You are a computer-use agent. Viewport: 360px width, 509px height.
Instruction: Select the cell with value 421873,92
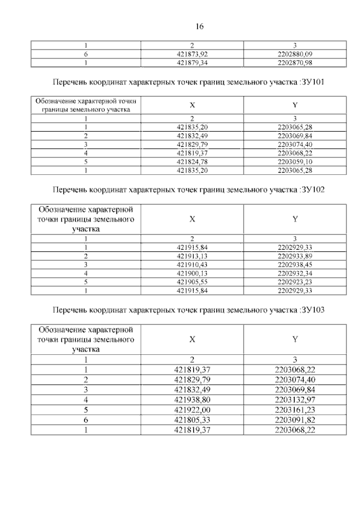[192, 55]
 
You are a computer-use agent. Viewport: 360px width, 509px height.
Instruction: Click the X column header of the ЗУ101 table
[192, 105]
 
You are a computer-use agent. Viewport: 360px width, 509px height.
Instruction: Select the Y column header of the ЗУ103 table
[295, 339]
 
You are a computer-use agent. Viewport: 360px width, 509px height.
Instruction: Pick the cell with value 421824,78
[192, 161]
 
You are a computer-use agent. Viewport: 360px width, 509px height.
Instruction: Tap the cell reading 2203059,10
[295, 161]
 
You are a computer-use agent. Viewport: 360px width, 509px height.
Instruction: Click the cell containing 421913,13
[192, 256]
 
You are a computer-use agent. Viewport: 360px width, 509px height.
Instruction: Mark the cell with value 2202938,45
[295, 265]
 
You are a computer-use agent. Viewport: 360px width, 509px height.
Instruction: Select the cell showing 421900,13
[192, 273]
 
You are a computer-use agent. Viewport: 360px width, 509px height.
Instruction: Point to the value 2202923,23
[295, 282]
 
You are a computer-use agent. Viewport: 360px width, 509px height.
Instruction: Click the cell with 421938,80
[192, 399]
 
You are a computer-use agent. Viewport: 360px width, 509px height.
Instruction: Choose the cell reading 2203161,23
[295, 409]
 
